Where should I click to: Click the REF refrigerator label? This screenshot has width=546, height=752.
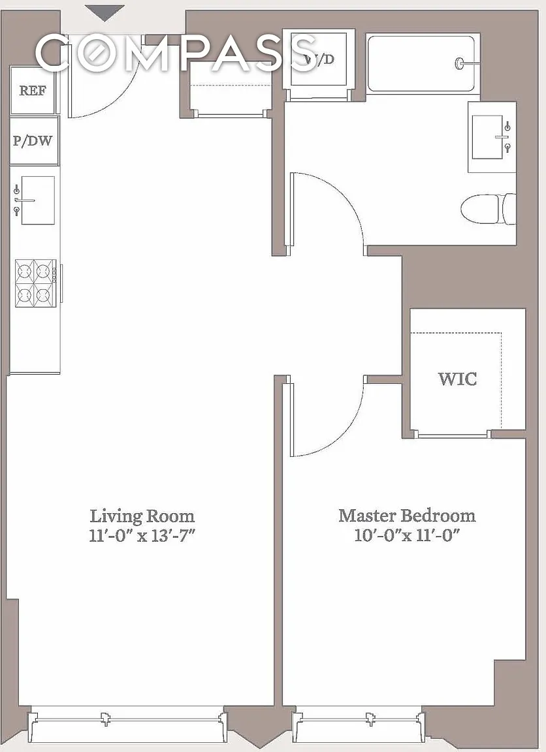pyautogui.click(x=33, y=91)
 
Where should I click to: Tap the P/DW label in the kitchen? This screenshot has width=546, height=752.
pyautogui.click(x=32, y=141)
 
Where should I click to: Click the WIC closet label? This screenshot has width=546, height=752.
pyautogui.click(x=457, y=379)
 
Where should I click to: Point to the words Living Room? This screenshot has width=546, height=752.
pyautogui.click(x=142, y=516)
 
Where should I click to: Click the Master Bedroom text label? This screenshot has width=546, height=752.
pyautogui.click(x=407, y=516)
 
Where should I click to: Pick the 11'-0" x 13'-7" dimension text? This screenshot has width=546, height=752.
pyautogui.click(x=142, y=535)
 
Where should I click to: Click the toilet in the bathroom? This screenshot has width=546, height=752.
pyautogui.click(x=488, y=209)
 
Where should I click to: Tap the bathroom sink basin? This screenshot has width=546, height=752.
pyautogui.click(x=487, y=137)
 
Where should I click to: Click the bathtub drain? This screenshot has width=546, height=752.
pyautogui.click(x=460, y=63)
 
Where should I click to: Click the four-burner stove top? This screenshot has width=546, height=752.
pyautogui.click(x=34, y=283)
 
